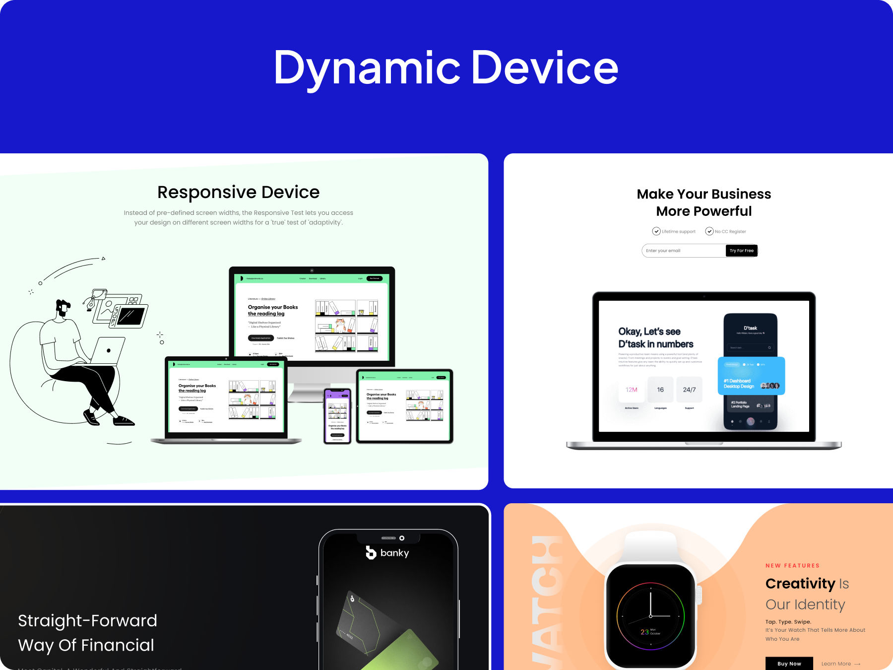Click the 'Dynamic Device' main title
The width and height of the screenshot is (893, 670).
point(446,68)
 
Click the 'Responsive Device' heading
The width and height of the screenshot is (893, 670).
point(238,192)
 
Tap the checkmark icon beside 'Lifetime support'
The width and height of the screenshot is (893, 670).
point(656,231)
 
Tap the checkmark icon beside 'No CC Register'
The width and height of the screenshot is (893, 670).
point(709,231)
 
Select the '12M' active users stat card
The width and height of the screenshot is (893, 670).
point(632,390)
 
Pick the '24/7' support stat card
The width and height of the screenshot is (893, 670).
point(689,390)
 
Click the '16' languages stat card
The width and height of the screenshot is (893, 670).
point(660,390)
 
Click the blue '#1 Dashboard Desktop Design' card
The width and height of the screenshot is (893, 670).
point(751,377)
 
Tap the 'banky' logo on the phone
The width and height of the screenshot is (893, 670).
point(387,553)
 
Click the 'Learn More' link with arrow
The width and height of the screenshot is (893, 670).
point(840,664)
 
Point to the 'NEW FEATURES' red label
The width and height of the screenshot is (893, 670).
point(792,566)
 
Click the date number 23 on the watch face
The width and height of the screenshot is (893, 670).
point(644,632)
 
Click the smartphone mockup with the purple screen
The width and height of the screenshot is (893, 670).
point(337,416)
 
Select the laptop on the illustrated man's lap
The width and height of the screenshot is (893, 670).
point(107,351)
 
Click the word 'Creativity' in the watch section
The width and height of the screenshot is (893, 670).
point(800,584)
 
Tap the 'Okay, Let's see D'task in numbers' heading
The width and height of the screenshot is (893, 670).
point(655,338)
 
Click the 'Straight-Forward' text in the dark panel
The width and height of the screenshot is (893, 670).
point(87,621)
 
